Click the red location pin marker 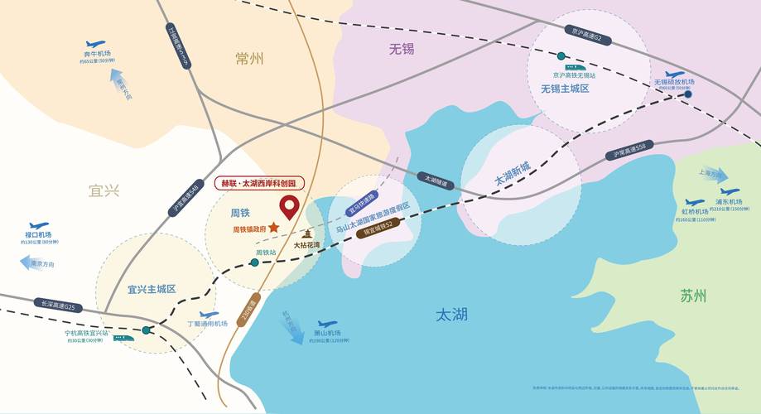coord(289,206)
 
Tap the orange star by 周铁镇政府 coord(274,227)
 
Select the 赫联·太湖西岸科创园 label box coord(259,183)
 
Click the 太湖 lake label coord(451,314)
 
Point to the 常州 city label coord(248,59)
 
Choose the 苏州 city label coord(693,296)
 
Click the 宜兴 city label coord(104,190)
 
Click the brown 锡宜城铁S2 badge coord(378,228)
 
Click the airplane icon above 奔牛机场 coord(95,44)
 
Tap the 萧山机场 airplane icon coord(327,324)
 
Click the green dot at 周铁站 coord(254,262)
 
